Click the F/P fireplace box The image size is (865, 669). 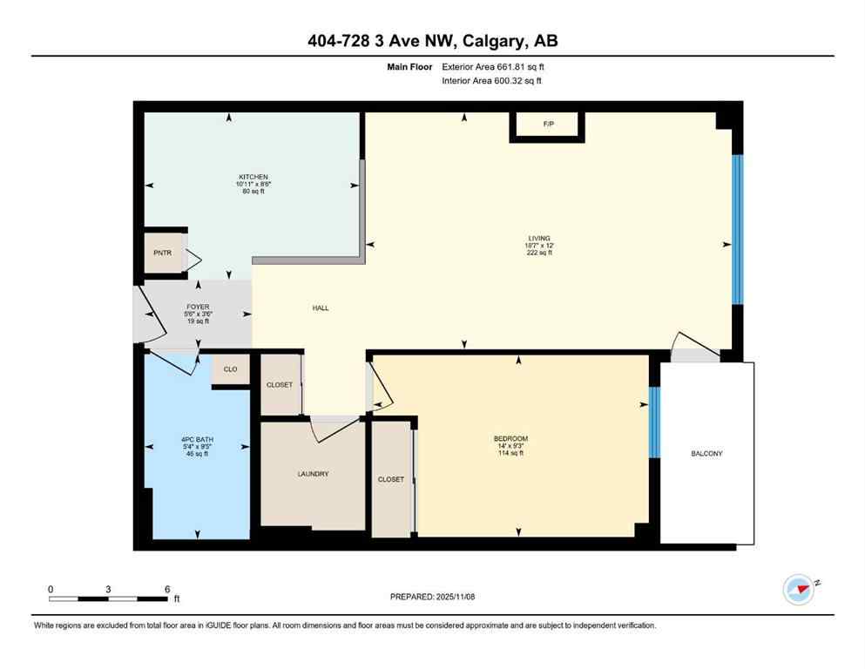[548, 125]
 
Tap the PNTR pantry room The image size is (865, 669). [162, 253]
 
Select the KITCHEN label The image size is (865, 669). [253, 177]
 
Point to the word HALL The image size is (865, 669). [321, 307]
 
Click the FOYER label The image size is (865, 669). [199, 307]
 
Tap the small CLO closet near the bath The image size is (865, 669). [231, 369]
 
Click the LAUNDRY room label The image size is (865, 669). [313, 474]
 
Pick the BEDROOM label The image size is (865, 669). [510, 438]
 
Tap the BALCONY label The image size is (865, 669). [706, 454]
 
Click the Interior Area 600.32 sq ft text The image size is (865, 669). [492, 81]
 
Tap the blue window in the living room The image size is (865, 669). [737, 229]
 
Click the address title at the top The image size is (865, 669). [432, 40]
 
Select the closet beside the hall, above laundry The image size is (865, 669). [280, 384]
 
